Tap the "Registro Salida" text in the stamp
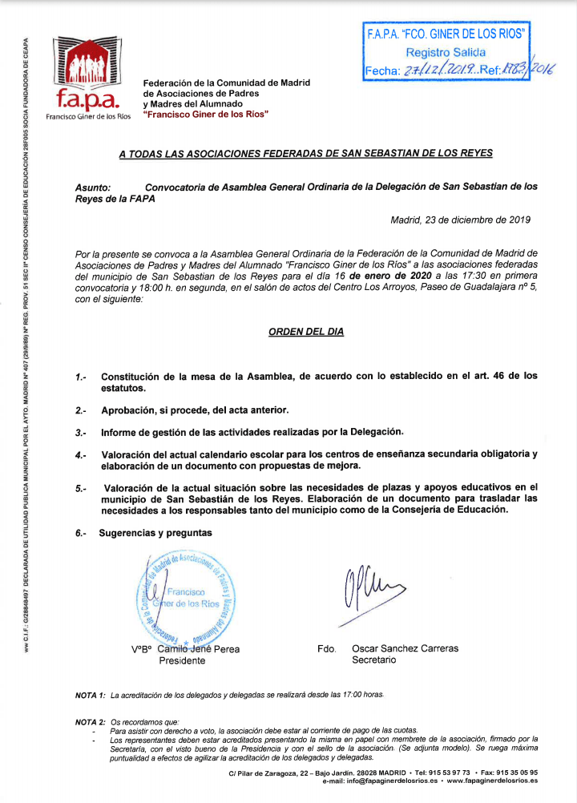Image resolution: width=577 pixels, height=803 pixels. (446, 52)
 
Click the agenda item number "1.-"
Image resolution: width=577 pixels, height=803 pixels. (80, 376)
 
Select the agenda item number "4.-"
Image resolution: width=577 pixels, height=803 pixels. (80, 455)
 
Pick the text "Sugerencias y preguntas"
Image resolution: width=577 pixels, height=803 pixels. (155, 532)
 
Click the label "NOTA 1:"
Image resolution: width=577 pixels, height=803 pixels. (90, 695)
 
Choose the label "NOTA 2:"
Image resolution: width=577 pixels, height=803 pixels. (90, 722)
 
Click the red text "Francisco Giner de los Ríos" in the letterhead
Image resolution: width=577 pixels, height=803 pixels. (205, 115)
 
